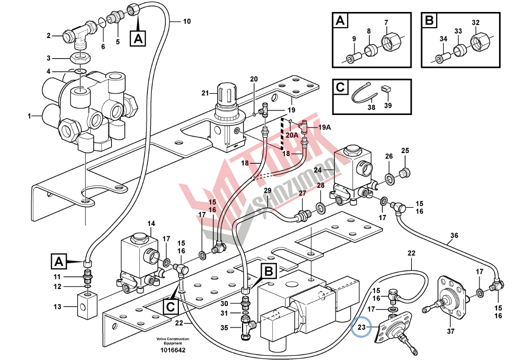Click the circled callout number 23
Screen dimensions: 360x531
click(x=361, y=328)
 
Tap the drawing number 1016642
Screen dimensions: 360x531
click(x=173, y=350)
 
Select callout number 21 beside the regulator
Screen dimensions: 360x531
click(x=205, y=93)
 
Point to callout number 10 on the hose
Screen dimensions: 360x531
click(x=186, y=21)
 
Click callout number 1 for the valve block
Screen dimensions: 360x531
click(x=30, y=116)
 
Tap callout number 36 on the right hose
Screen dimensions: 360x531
click(x=453, y=235)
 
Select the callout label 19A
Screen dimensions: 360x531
click(x=325, y=127)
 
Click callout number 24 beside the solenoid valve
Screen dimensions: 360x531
click(x=318, y=169)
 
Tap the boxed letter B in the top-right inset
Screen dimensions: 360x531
click(x=429, y=20)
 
